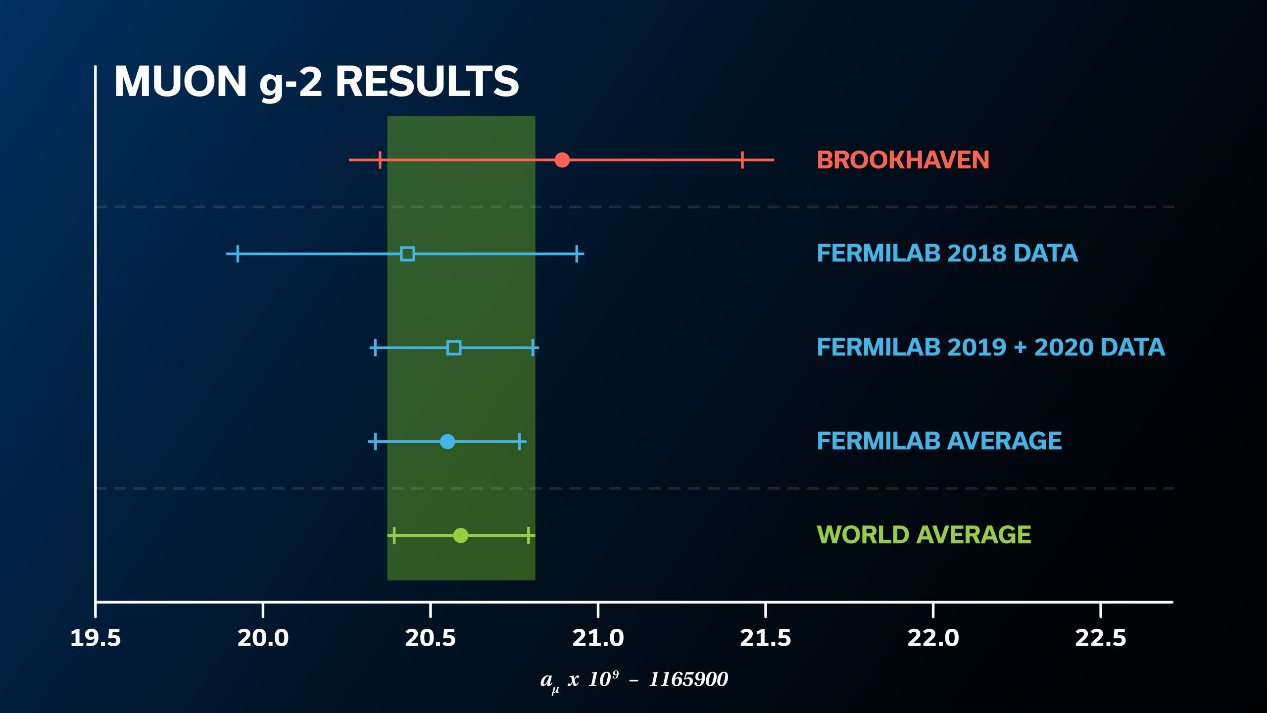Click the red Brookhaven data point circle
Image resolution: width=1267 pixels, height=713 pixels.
562,160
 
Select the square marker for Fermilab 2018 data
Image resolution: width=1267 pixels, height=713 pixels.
407,254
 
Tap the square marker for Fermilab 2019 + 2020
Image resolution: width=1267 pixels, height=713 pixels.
453,348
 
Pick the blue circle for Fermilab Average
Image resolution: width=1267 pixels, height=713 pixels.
447,441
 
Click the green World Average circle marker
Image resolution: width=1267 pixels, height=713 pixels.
460,535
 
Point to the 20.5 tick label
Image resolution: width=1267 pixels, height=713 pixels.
430,638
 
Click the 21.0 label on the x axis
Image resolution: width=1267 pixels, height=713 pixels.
598,638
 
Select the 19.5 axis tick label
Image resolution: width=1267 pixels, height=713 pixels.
96,638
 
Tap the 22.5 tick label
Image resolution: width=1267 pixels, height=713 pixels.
1100,638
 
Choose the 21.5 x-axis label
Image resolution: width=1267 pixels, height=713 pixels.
765,638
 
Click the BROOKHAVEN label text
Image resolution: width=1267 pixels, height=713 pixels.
903,160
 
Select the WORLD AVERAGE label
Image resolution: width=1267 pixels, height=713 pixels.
924,535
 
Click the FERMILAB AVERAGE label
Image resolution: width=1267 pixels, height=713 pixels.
939,441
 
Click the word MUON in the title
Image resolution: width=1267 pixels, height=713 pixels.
181,82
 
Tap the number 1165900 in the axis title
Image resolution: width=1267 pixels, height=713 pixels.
688,679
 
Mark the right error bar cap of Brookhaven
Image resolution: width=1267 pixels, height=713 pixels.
742,160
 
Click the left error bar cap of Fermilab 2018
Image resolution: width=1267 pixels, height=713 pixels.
238,254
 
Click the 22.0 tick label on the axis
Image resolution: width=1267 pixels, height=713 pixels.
933,638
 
